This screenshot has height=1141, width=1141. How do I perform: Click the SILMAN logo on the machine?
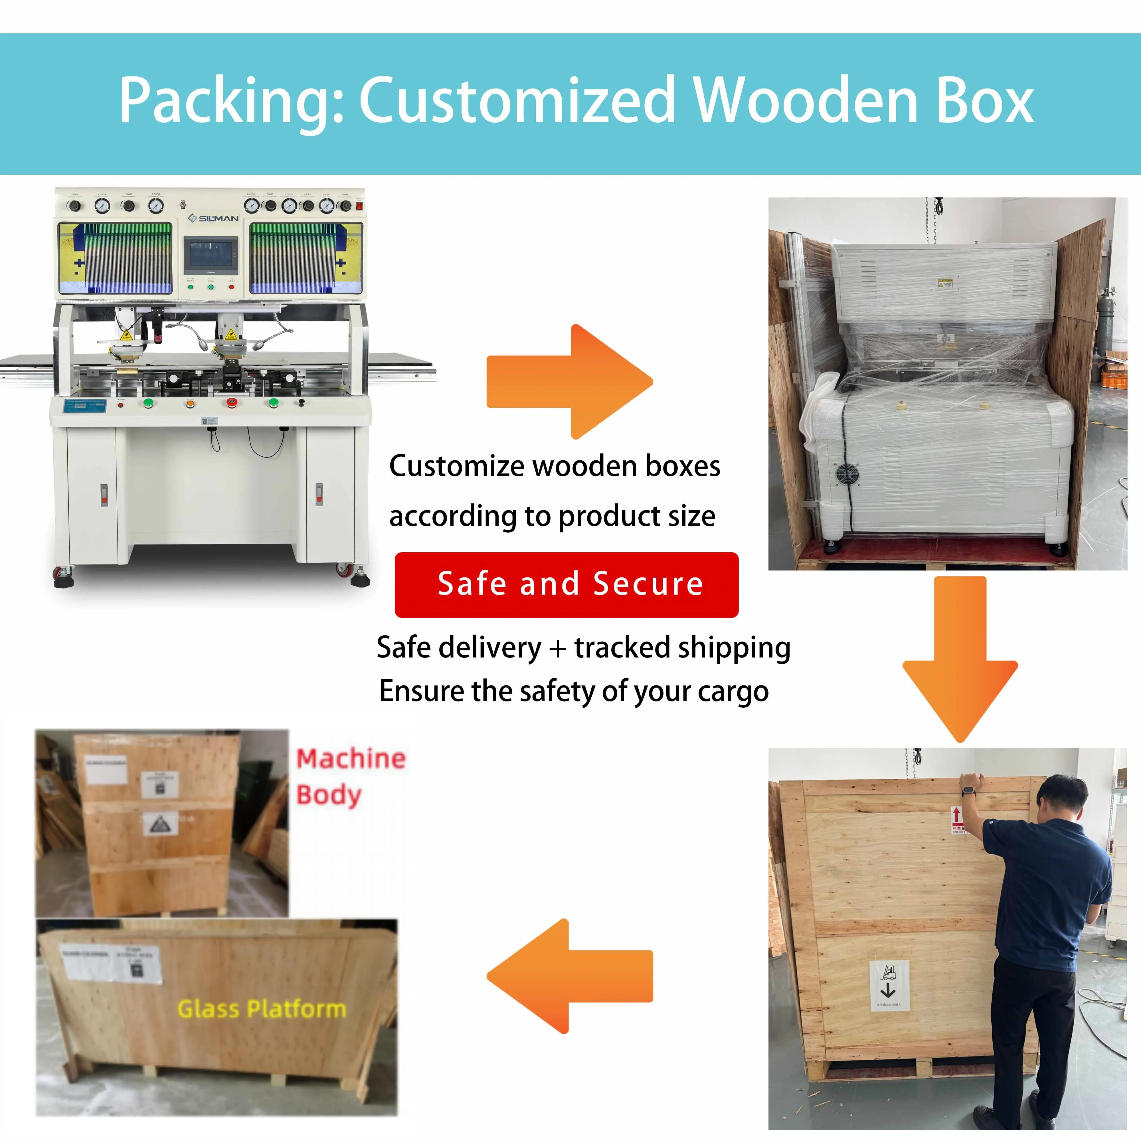click(214, 219)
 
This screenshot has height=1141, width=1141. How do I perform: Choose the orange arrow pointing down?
click(960, 658)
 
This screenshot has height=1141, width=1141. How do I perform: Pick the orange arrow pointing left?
click(570, 976)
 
